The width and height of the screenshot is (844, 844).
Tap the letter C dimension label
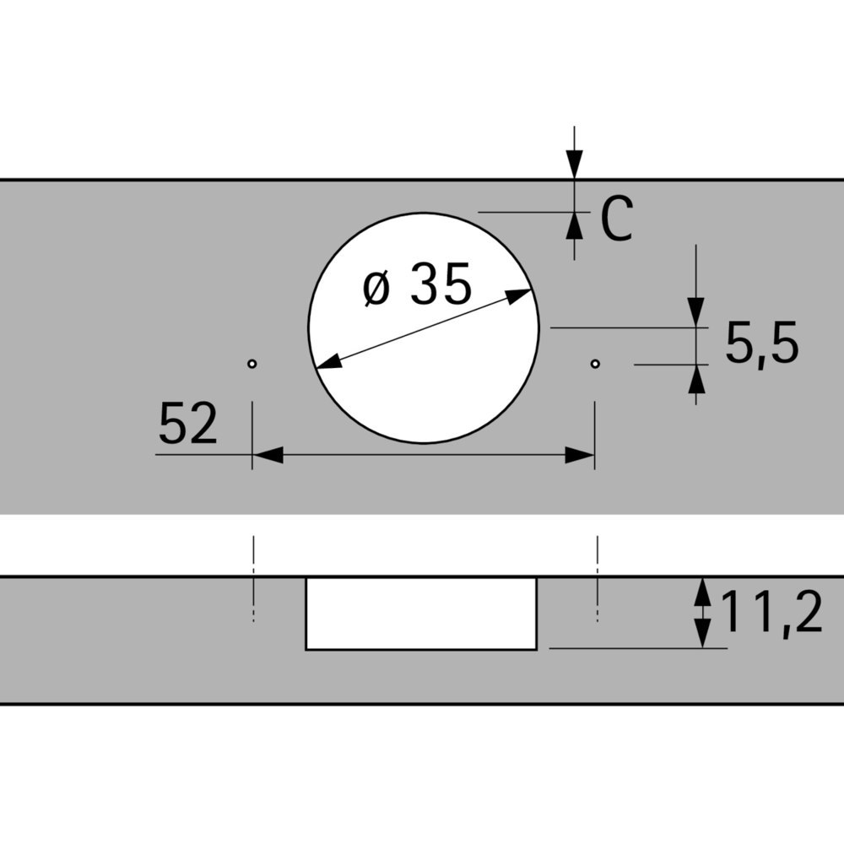click(616, 220)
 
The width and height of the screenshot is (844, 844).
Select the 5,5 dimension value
click(761, 344)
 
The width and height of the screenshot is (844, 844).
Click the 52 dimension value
click(187, 424)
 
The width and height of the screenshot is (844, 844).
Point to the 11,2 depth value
click(771, 613)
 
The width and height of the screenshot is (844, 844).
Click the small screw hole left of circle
click(252, 364)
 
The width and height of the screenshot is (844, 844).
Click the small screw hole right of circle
click(595, 364)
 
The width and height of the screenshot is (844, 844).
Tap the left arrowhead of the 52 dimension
click(267, 456)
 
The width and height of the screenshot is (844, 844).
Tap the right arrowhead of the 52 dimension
click(581, 456)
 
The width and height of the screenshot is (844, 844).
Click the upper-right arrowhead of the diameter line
click(520, 295)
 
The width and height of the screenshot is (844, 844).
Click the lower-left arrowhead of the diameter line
click(327, 362)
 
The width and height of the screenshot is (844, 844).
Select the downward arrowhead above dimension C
click(574, 164)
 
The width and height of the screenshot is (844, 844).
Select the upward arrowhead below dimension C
click(574, 226)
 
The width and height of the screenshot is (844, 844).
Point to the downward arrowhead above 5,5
click(696, 311)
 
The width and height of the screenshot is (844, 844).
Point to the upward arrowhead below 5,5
click(696, 380)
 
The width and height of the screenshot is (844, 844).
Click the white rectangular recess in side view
click(420, 614)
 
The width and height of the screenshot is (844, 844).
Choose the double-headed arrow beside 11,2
click(702, 613)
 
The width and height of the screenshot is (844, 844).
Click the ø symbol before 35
click(377, 288)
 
